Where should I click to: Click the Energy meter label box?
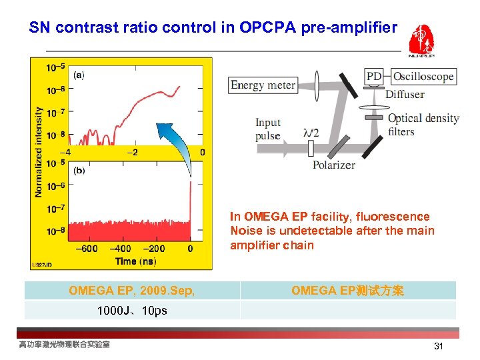coord(263,85)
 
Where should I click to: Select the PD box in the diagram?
coord(375,77)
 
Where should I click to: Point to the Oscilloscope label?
coord(423,77)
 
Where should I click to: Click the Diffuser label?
coord(405,95)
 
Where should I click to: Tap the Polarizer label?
coord(333,165)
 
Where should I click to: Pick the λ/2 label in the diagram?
coord(311,133)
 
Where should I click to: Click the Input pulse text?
coord(268,129)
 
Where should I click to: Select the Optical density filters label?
coord(423,125)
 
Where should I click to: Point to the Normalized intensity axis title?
coord(39,152)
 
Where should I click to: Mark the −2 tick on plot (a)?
coord(133,153)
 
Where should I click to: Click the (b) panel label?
coord(79,171)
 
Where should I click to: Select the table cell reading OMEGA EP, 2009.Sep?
coord(131,291)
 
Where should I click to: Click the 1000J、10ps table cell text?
coord(131,311)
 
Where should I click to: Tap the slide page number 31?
coord(438,346)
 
